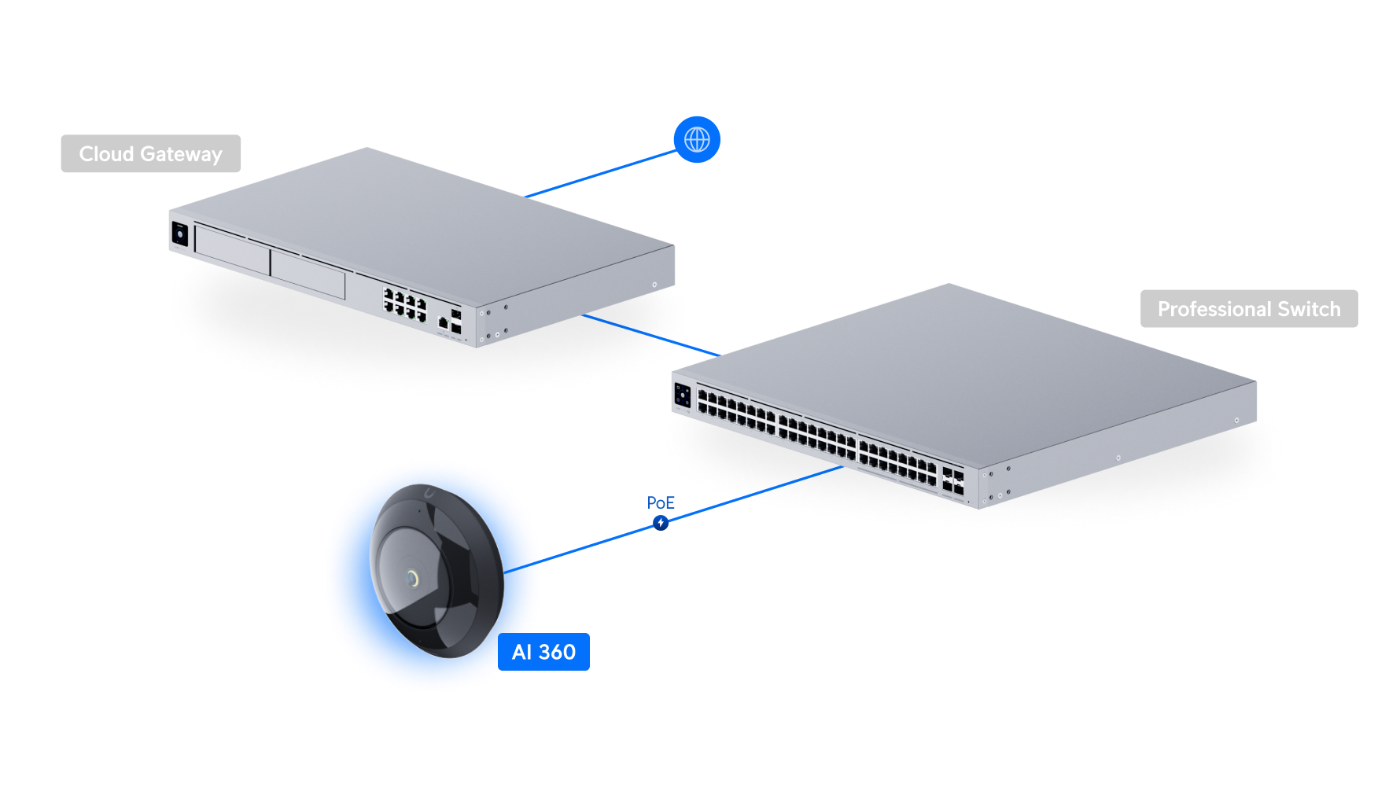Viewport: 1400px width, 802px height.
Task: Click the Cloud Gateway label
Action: (150, 154)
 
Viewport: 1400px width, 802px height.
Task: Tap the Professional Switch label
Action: (1248, 309)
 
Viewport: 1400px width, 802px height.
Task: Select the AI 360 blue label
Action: (543, 652)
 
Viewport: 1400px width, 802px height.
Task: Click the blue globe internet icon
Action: (697, 140)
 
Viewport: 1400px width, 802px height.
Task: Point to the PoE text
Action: (661, 502)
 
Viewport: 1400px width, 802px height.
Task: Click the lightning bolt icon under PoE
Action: (661, 523)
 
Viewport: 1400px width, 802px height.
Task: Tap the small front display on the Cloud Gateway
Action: (179, 234)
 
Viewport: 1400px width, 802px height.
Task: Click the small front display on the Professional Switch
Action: (682, 395)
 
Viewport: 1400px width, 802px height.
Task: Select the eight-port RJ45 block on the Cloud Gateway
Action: (404, 304)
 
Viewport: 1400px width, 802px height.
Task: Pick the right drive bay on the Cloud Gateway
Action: (308, 274)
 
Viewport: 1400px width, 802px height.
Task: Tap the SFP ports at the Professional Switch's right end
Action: (952, 482)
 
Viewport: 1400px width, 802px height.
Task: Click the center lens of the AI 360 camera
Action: (411, 579)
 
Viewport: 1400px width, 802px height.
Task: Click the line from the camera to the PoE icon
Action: (598, 543)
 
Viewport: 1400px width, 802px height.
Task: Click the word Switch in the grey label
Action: (1309, 309)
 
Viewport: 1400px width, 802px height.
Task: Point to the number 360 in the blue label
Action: (557, 652)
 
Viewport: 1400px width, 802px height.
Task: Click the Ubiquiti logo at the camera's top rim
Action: (429, 494)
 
